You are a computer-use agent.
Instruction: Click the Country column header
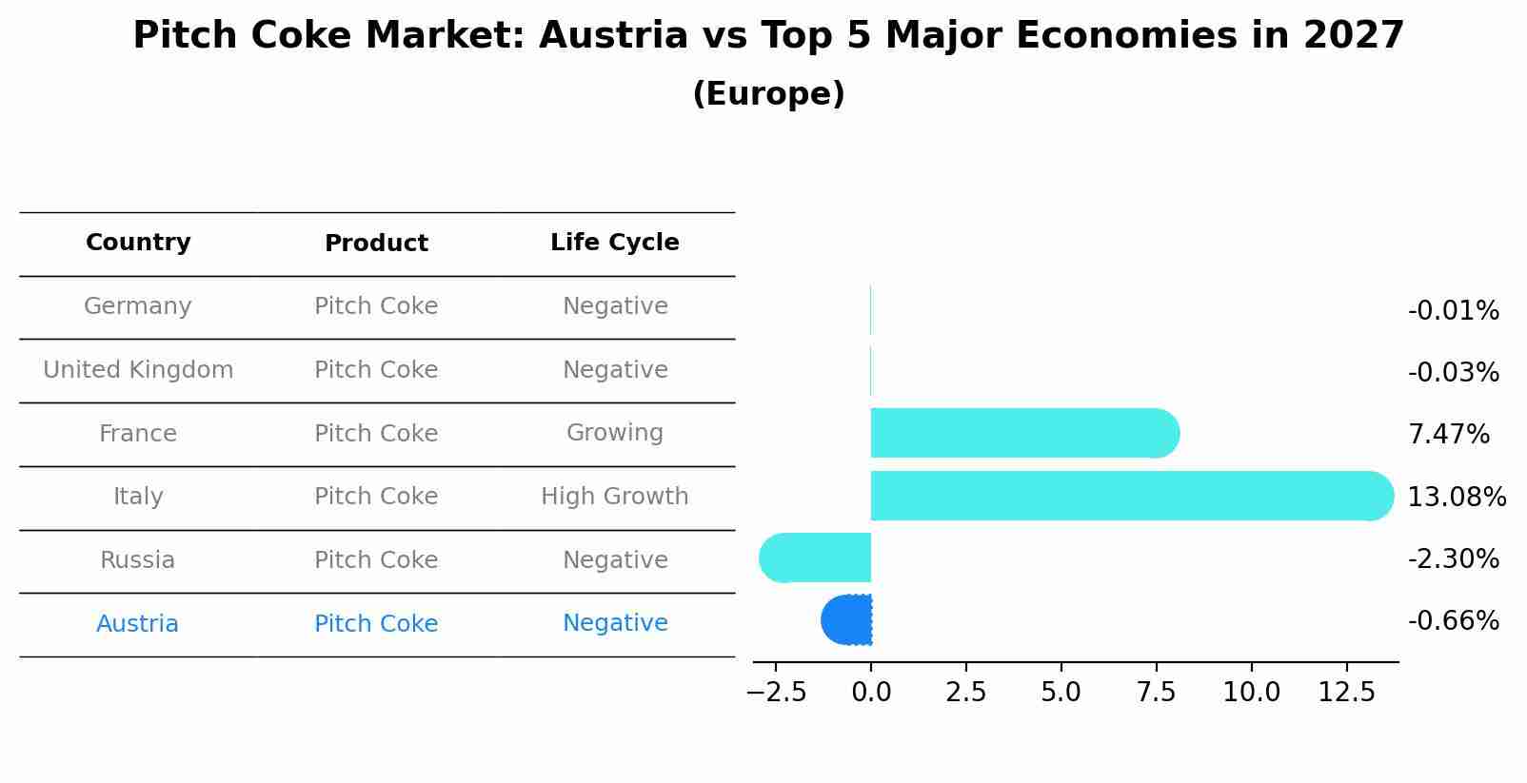[x=138, y=243]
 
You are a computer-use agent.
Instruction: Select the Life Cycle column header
[x=614, y=243]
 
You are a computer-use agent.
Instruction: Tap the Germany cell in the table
[x=138, y=306]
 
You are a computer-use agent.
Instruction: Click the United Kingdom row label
[x=138, y=370]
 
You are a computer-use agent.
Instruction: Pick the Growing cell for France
[x=614, y=433]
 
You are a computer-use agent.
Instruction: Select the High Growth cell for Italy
[x=614, y=497]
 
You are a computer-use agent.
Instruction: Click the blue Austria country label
[x=138, y=624]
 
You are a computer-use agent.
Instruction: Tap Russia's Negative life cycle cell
[x=614, y=560]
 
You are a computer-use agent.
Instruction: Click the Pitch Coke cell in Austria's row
[x=376, y=624]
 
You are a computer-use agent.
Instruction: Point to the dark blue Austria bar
[x=847, y=619]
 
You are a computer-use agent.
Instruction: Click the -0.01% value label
[x=1453, y=311]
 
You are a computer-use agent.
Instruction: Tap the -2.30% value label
[x=1453, y=559]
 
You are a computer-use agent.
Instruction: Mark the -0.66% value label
[x=1453, y=621]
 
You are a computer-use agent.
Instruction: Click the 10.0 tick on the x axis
[x=1251, y=693]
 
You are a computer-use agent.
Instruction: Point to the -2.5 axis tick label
[x=776, y=693]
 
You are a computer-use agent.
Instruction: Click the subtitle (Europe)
[x=768, y=94]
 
